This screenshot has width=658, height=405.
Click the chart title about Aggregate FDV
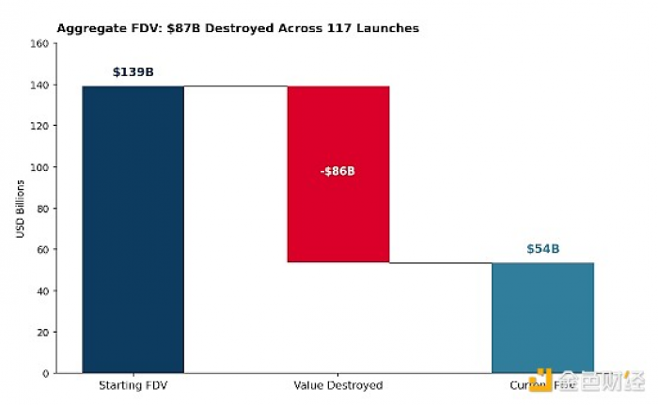(x=238, y=28)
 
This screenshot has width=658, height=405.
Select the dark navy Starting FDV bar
(x=133, y=229)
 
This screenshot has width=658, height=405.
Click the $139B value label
(x=133, y=71)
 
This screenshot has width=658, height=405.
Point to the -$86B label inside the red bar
(x=338, y=171)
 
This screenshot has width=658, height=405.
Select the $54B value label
(x=542, y=249)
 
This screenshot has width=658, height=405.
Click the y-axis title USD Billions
(x=21, y=209)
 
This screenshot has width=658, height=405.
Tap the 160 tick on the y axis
(x=39, y=43)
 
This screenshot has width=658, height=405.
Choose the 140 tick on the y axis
(x=39, y=85)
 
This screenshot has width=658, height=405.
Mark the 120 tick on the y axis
(x=39, y=126)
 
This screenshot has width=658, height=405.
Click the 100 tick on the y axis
(x=39, y=167)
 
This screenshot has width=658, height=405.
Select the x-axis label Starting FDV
(x=133, y=385)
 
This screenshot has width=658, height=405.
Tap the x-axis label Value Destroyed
(x=338, y=385)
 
